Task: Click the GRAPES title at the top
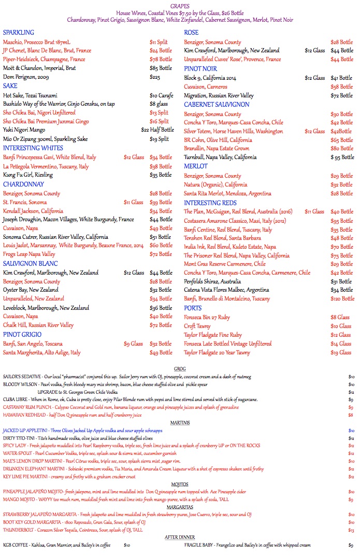[180, 6]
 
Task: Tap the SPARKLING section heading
[19, 33]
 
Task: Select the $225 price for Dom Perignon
[155, 77]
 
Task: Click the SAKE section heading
[10, 85]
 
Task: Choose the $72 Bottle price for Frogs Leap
[161, 254]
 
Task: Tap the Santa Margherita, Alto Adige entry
[42, 352]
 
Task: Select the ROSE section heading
[192, 33]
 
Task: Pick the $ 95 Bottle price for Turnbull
[342, 157]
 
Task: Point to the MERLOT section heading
[196, 166]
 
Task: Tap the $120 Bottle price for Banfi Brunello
[340, 299]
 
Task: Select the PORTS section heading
[193, 308]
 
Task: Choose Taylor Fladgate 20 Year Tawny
[224, 352]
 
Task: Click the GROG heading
[180, 369]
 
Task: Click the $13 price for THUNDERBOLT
[351, 530]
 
